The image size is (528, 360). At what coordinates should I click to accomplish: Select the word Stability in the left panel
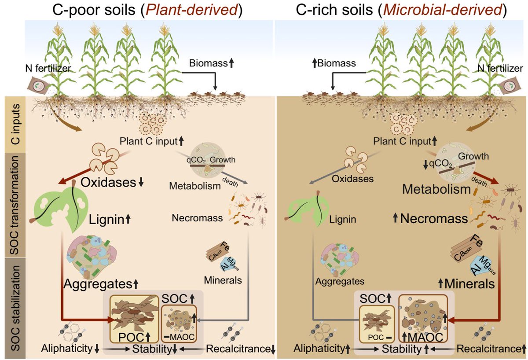click(152, 350)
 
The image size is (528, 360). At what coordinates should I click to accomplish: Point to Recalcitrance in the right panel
click(486, 349)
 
